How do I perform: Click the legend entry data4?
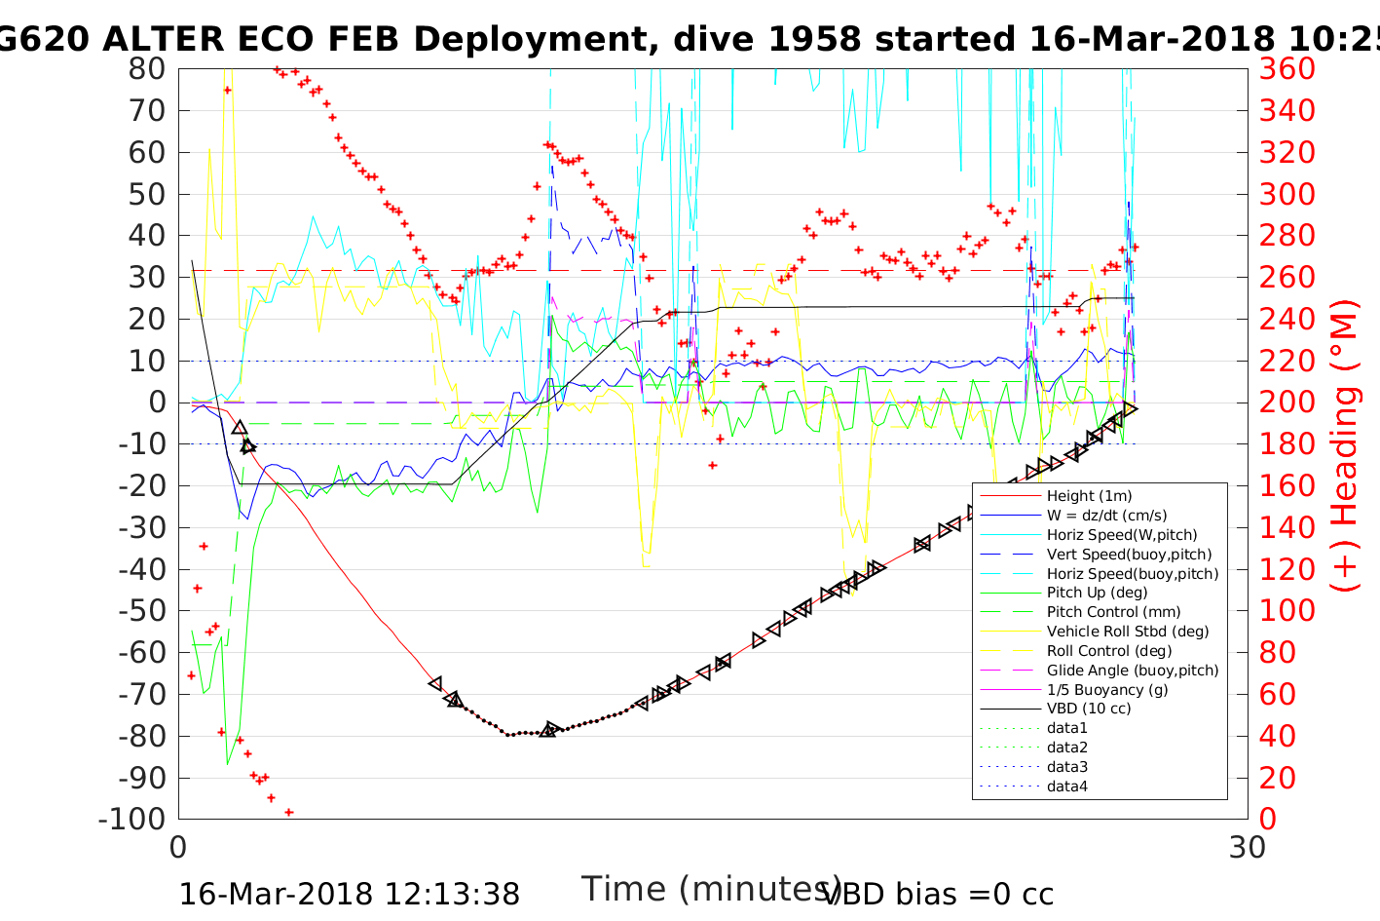pyautogui.click(x=1067, y=786)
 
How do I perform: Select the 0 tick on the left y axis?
pyautogui.click(x=157, y=403)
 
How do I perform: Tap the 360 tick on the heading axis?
pyautogui.click(x=1287, y=69)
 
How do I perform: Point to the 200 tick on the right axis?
pyautogui.click(x=1287, y=403)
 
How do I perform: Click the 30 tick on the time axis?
pyautogui.click(x=1248, y=847)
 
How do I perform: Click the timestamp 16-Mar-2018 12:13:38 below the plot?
pyautogui.click(x=349, y=894)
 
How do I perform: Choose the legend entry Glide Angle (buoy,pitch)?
pyautogui.click(x=1133, y=670)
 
